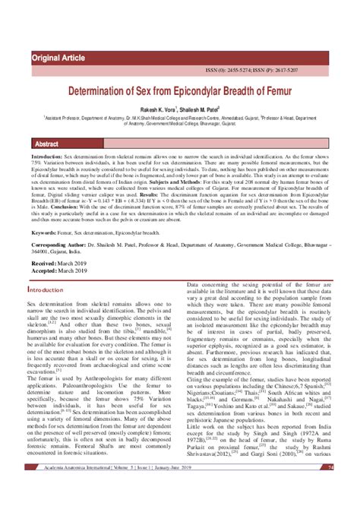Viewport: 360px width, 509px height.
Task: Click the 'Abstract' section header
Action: [x=48, y=144]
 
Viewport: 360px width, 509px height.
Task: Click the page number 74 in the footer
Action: [x=330, y=488]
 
